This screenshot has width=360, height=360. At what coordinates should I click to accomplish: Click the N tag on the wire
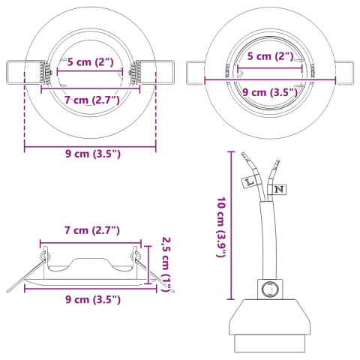pyautogui.click(x=278, y=190)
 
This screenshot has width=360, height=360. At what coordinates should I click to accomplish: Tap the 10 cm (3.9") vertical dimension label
pyautogui.click(x=220, y=228)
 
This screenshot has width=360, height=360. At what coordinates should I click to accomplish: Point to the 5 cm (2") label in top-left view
pyautogui.click(x=90, y=61)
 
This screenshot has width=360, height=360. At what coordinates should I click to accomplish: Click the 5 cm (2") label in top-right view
pyautogui.click(x=270, y=56)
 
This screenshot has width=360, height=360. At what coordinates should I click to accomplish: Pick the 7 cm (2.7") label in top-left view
pyautogui.click(x=91, y=99)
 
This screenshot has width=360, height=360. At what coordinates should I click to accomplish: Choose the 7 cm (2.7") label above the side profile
pyautogui.click(x=90, y=229)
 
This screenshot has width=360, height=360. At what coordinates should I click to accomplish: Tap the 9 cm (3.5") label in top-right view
pyautogui.click(x=270, y=93)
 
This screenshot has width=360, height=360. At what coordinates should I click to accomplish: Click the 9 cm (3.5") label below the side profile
pyautogui.click(x=90, y=299)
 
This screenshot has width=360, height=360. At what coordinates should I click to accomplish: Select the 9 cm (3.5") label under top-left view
pyautogui.click(x=91, y=154)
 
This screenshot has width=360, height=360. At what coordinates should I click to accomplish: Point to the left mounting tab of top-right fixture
pyautogui.click(x=194, y=73)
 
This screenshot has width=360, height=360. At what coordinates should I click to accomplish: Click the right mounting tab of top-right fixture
pyautogui.click(x=346, y=73)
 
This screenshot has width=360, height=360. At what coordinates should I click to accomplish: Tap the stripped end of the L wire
pyautogui.click(x=244, y=160)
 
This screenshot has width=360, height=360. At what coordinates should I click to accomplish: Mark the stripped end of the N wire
pyautogui.click(x=277, y=164)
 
